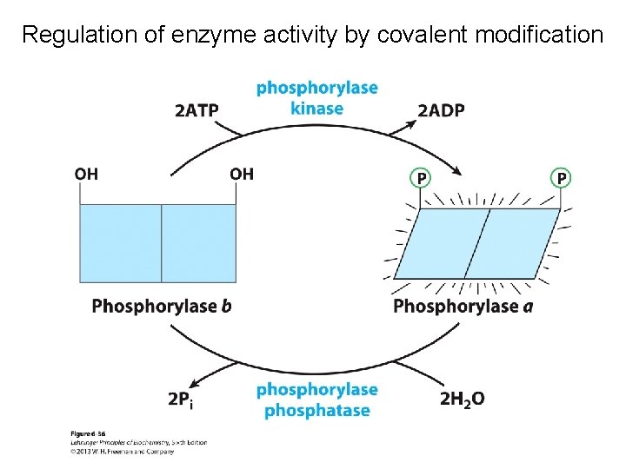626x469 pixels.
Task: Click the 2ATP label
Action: (x=196, y=109)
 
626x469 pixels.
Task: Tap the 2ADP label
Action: (x=441, y=109)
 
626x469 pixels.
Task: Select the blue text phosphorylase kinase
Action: (x=316, y=97)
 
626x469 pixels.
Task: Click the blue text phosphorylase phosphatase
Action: (x=316, y=400)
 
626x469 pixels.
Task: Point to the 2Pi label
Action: (x=181, y=399)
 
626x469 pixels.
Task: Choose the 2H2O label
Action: (x=462, y=399)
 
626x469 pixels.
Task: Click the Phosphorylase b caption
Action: (x=162, y=306)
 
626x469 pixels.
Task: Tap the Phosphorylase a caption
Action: (x=463, y=306)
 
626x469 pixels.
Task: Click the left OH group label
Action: (x=86, y=174)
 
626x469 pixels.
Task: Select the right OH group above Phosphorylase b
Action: (x=242, y=174)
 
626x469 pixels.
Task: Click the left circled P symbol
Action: (x=420, y=178)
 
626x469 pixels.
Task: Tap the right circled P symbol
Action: (x=562, y=178)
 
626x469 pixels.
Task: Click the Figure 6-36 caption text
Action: (x=89, y=433)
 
